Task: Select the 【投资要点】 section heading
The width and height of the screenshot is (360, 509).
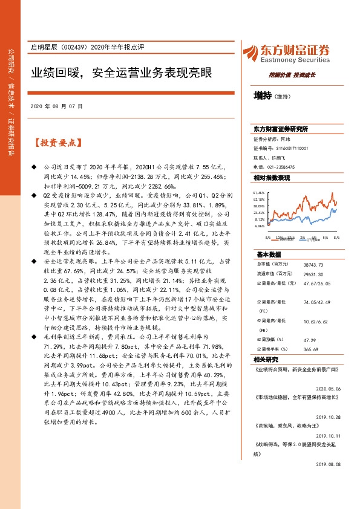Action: [x=57, y=143]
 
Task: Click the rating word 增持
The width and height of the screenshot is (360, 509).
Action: [x=263, y=96]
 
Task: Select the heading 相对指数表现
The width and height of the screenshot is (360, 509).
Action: [x=272, y=178]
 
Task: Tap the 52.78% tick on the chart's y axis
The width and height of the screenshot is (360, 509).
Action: [x=260, y=199]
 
